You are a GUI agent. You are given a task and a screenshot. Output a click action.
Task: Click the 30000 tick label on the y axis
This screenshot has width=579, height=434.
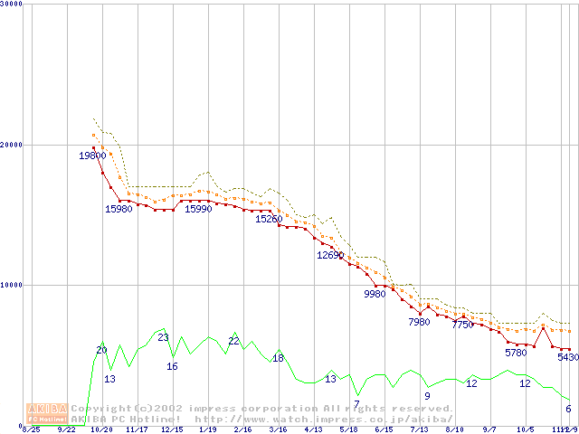(x=13, y=5)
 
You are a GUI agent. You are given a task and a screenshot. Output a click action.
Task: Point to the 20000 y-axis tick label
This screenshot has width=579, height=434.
(x=13, y=145)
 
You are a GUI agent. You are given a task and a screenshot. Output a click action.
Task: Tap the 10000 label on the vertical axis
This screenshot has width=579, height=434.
(x=13, y=285)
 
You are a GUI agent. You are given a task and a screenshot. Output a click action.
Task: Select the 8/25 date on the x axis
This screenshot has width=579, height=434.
(x=32, y=429)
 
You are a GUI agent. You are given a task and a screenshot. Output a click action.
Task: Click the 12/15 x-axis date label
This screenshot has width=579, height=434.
(x=172, y=429)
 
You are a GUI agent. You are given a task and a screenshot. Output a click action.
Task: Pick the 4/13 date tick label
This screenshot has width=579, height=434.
(x=313, y=429)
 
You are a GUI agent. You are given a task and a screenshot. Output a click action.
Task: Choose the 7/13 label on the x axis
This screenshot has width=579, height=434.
(x=419, y=429)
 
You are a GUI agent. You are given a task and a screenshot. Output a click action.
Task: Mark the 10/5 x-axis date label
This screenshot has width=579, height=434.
(x=525, y=429)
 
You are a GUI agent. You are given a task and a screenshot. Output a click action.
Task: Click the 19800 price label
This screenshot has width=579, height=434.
(x=92, y=156)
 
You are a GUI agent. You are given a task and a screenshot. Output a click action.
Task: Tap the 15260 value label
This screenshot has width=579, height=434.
(x=269, y=219)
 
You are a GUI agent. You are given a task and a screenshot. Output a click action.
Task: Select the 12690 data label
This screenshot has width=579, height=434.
(x=330, y=255)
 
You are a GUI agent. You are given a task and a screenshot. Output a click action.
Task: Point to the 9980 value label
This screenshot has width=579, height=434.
(x=375, y=294)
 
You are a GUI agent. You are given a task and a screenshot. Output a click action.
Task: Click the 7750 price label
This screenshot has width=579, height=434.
(x=462, y=325)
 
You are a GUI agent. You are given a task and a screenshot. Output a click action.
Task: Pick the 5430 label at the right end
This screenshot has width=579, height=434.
(x=567, y=357)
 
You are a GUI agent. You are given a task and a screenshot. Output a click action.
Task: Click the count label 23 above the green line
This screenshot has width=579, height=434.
(x=163, y=337)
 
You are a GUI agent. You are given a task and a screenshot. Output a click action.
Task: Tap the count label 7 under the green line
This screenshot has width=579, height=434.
(x=356, y=404)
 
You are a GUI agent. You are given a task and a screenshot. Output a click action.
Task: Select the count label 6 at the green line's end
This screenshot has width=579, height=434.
(x=568, y=409)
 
